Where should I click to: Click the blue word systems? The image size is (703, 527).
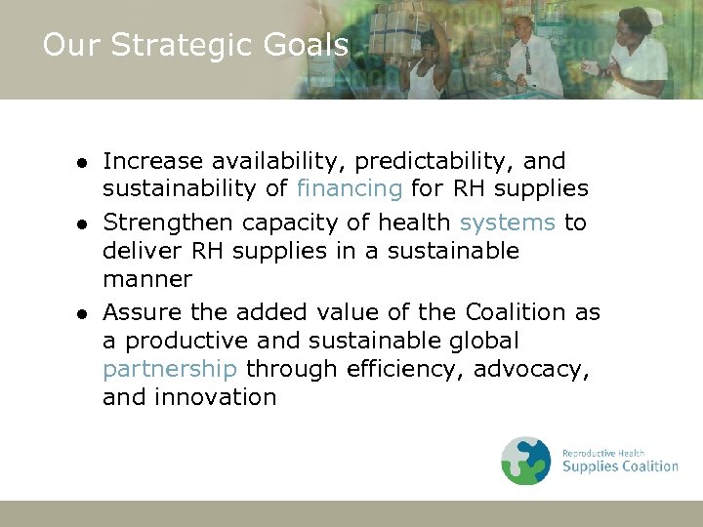coord(507,223)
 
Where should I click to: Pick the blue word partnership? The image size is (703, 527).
coord(170,369)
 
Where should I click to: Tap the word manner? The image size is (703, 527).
coord(147,279)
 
